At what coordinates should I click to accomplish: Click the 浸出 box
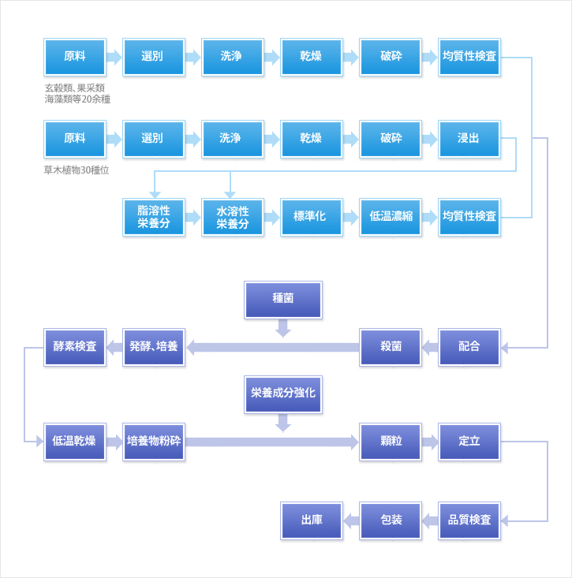pyautogui.click(x=469, y=139)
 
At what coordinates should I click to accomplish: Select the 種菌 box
pyautogui.click(x=283, y=300)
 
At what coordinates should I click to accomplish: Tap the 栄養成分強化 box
pyautogui.click(x=283, y=394)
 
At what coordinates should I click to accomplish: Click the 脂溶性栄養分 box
pyautogui.click(x=154, y=217)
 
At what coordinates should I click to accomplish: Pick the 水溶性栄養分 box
pyautogui.click(x=232, y=217)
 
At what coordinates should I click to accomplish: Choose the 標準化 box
pyautogui.click(x=312, y=217)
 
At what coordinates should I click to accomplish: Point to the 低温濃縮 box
pyautogui.click(x=391, y=217)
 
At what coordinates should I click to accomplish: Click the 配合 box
pyautogui.click(x=469, y=347)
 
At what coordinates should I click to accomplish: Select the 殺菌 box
pyautogui.click(x=391, y=347)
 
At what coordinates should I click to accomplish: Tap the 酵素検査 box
pyautogui.click(x=75, y=347)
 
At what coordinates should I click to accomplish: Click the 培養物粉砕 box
pyautogui.click(x=154, y=442)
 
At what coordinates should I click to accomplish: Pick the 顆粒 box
pyautogui.click(x=391, y=442)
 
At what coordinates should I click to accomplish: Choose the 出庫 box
pyautogui.click(x=312, y=520)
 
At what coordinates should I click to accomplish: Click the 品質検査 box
pyautogui.click(x=469, y=520)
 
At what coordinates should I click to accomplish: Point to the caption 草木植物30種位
pyautogui.click(x=77, y=170)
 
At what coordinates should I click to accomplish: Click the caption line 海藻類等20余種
pyautogui.click(x=77, y=99)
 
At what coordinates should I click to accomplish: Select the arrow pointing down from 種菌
pyautogui.click(x=283, y=328)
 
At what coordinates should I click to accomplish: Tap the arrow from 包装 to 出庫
pyautogui.click(x=351, y=521)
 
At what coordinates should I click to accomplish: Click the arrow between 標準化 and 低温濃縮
pyautogui.click(x=351, y=217)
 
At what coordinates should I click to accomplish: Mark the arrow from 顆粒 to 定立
pyautogui.click(x=430, y=442)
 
